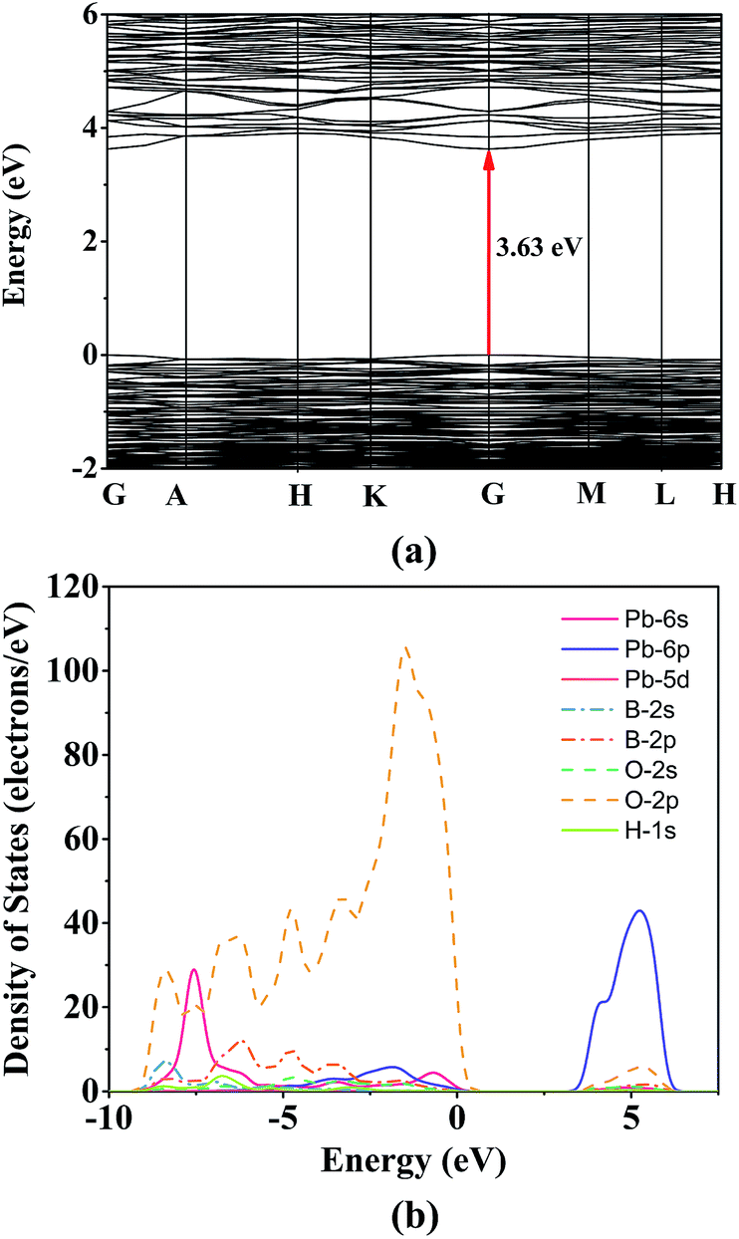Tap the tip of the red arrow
pyautogui.click(x=489, y=152)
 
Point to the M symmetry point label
pyautogui.click(x=592, y=494)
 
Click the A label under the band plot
pyautogui.click(x=176, y=496)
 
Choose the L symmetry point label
pyautogui.click(x=664, y=496)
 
